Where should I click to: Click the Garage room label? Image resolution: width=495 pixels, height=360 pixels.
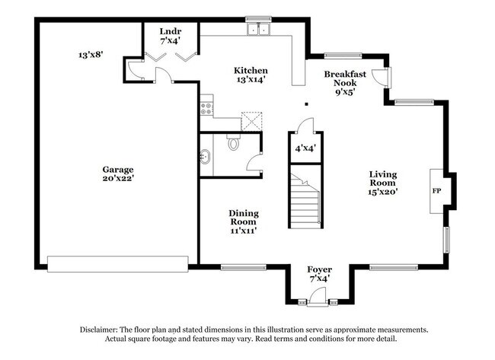(118, 169)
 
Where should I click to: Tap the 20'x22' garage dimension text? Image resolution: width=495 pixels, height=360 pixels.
(118, 180)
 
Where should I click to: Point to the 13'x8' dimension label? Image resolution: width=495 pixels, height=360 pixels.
(91, 55)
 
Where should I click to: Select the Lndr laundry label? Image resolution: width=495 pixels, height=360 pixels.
(170, 31)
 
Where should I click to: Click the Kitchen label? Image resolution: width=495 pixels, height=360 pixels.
(251, 70)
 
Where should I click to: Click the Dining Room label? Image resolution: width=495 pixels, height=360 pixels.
(244, 218)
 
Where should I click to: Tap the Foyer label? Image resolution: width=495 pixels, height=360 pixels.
(319, 269)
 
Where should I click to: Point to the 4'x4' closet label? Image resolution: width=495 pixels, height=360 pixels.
(305, 149)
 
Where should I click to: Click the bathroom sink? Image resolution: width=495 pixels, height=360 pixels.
(205, 157)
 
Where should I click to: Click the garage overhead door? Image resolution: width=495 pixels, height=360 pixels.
(117, 263)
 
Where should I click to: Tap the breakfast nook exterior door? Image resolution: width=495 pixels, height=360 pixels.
(387, 78)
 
